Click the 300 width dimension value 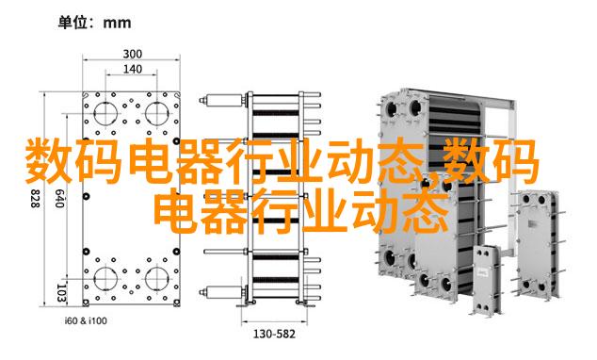click(132, 54)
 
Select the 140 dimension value click(132, 70)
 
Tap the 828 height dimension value click(35, 199)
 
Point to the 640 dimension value click(58, 199)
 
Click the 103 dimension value click(62, 292)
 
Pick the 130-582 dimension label click(274, 335)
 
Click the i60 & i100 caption click(86, 320)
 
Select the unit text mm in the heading click(118, 23)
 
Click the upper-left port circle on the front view click(105, 113)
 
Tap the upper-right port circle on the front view click(157, 113)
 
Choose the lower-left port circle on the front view click(105, 278)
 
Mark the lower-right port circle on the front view click(157, 278)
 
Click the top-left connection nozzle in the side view click(223, 100)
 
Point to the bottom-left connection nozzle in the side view click(223, 292)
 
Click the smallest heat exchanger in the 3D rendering click(486, 279)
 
